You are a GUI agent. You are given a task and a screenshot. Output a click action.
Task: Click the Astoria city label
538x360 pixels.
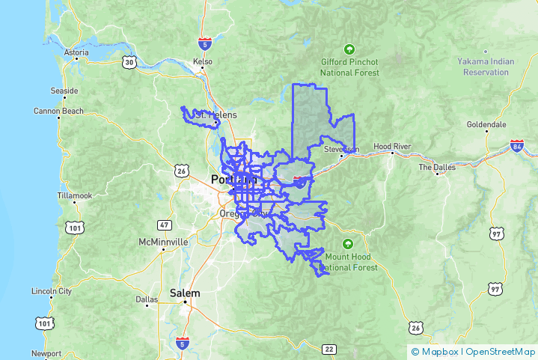point(76,53)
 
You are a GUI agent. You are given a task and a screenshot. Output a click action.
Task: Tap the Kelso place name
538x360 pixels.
point(203,61)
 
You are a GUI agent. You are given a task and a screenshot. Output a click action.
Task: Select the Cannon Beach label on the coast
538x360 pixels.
point(58,112)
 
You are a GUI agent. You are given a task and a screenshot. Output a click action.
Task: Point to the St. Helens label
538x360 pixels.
point(215,115)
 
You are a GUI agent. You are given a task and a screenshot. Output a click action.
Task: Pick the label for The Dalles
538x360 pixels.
point(436,167)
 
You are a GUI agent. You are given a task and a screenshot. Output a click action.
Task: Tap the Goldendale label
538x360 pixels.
point(486,124)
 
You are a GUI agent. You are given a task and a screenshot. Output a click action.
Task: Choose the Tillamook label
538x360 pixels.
point(74,195)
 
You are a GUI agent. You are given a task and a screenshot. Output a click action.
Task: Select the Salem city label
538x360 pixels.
point(185,293)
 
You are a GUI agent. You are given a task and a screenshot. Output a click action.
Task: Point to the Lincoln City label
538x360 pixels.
point(52,291)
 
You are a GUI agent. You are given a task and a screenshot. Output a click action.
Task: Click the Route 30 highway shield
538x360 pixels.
point(129,63)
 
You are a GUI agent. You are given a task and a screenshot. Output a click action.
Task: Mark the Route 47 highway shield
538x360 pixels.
point(165,225)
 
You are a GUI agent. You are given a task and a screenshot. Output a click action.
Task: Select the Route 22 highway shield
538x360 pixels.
point(329,349)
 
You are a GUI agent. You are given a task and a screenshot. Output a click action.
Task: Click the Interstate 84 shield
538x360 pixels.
point(516,144)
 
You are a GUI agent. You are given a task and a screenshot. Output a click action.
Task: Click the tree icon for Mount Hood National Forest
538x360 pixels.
point(348,243)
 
